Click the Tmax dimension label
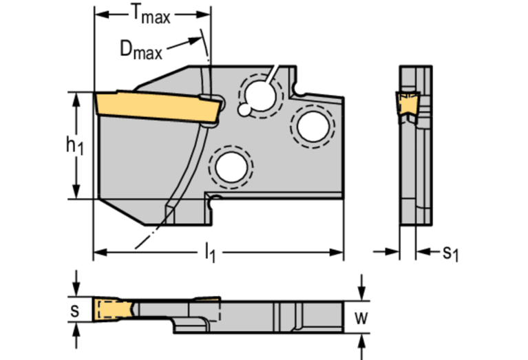point(150,14)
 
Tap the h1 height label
point(74,145)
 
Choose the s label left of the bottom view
point(75,310)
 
